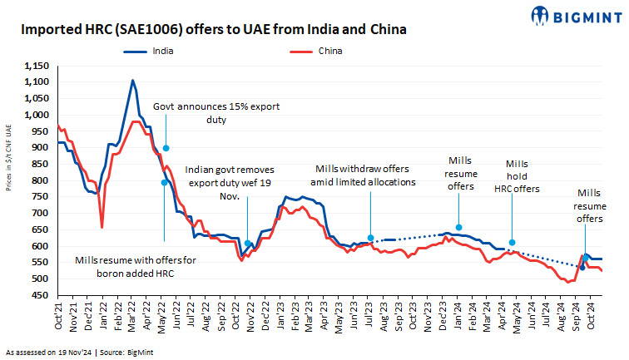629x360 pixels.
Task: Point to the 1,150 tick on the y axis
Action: coord(37,65)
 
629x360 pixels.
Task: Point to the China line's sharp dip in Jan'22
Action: coord(102,226)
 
